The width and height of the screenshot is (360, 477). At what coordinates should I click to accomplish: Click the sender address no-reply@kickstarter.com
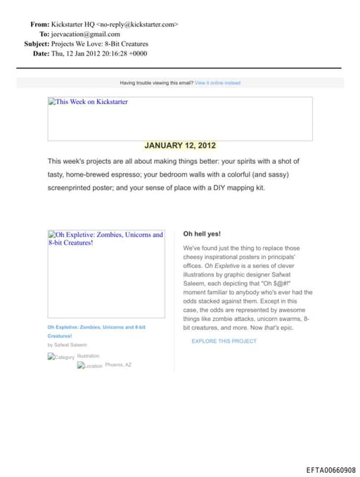pos(137,24)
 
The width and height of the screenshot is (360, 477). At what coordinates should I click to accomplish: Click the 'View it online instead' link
pos(217,83)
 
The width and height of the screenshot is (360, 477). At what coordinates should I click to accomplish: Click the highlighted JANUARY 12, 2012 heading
pos(180,146)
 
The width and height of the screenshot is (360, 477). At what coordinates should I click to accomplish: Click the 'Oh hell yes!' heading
pos(202,234)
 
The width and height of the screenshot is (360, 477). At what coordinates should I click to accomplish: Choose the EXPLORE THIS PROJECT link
pos(224,341)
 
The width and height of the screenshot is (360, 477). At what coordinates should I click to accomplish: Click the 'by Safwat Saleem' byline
pos(67,345)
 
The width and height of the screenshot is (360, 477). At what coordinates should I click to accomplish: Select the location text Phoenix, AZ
pos(118,365)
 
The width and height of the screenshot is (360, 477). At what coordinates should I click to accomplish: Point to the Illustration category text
pos(88,356)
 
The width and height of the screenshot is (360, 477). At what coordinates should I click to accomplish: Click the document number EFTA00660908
pos(330,470)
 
